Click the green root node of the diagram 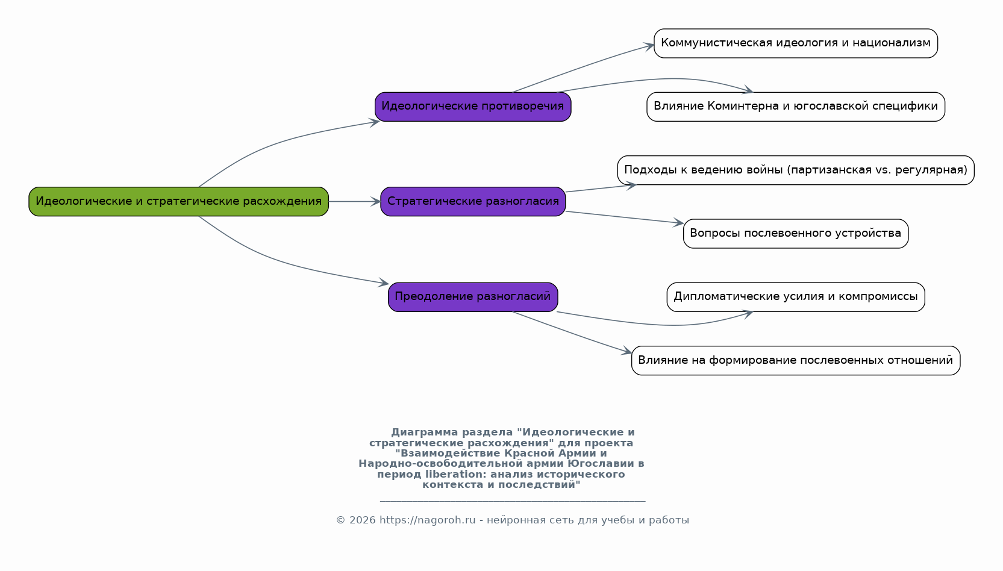click(179, 202)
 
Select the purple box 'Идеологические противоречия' click(473, 107)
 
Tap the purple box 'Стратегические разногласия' click(473, 202)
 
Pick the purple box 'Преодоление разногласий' click(473, 297)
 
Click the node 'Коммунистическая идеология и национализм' click(796, 43)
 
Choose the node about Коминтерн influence click(796, 107)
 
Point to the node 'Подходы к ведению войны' click(796, 170)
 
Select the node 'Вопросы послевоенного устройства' click(796, 233)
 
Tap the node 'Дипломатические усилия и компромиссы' click(796, 297)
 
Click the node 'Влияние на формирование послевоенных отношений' click(796, 361)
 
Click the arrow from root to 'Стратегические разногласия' click(355, 202)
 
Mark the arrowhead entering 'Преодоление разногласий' click(383, 282)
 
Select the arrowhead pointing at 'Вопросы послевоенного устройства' click(678, 223)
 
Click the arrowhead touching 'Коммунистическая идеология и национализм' click(649, 46)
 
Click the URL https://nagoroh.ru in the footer click(427, 520)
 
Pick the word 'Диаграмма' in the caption click(425, 432)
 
